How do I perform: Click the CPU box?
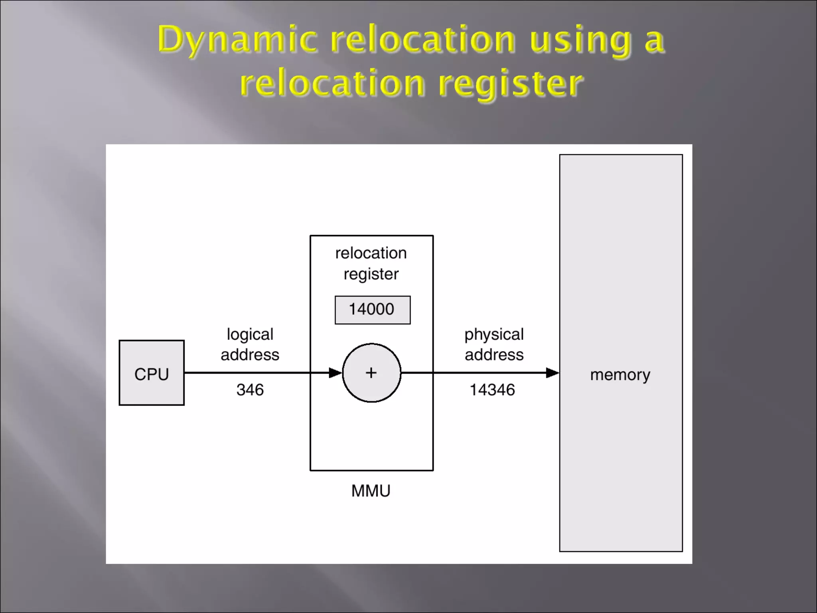[152, 373]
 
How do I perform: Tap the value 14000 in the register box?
[372, 310]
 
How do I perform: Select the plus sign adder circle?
[371, 373]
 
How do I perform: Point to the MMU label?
[371, 491]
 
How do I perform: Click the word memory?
[620, 375]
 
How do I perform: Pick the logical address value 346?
[250, 390]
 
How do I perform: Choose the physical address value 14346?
[492, 390]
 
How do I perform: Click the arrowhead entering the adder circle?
[335, 373]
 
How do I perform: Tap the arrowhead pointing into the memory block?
[553, 373]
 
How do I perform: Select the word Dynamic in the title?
[238, 40]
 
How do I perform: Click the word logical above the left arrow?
[250, 334]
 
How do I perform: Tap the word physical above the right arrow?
[494, 334]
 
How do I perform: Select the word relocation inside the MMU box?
[371, 253]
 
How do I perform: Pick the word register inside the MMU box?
[371, 274]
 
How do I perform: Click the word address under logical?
[250, 355]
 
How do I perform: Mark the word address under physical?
[494, 355]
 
